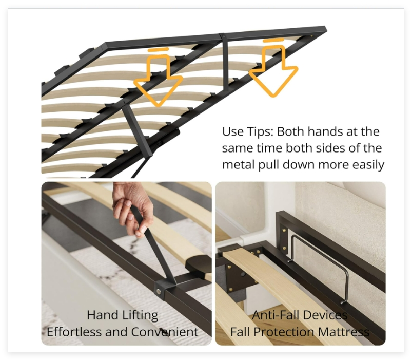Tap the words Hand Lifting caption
(123, 315)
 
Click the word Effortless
(74, 332)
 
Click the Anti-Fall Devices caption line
(300, 315)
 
